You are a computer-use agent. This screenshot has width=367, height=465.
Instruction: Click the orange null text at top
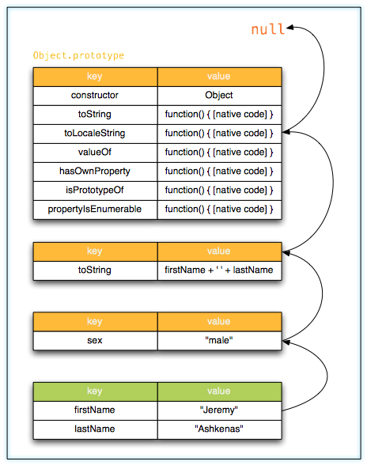(267, 29)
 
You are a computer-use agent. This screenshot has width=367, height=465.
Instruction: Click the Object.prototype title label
(78, 56)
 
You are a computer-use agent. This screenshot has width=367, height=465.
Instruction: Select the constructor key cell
(95, 95)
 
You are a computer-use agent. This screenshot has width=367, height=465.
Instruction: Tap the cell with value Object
(219, 95)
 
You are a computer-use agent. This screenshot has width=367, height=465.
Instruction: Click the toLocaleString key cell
(95, 133)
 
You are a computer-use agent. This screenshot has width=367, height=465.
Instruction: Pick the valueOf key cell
(95, 152)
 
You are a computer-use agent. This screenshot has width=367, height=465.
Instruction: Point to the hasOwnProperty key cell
(95, 171)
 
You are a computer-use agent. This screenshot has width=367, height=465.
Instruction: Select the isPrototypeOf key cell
(95, 190)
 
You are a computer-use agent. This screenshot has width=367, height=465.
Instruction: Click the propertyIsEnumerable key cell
(95, 209)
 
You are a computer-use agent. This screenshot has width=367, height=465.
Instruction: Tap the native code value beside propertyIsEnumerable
(219, 209)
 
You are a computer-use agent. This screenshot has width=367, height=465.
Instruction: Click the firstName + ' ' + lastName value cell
(219, 270)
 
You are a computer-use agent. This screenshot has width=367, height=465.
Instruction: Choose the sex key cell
(95, 340)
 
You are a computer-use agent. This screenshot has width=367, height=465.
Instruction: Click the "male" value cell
(219, 340)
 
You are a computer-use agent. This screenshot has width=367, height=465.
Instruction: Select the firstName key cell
(95, 410)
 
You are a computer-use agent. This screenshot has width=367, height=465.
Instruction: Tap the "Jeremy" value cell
(219, 410)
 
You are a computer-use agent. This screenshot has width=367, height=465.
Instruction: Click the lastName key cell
(95, 429)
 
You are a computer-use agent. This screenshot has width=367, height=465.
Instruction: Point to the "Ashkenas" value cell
(219, 429)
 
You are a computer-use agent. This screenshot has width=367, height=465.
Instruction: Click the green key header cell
(95, 391)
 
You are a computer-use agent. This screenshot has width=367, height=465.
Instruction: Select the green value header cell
(219, 391)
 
